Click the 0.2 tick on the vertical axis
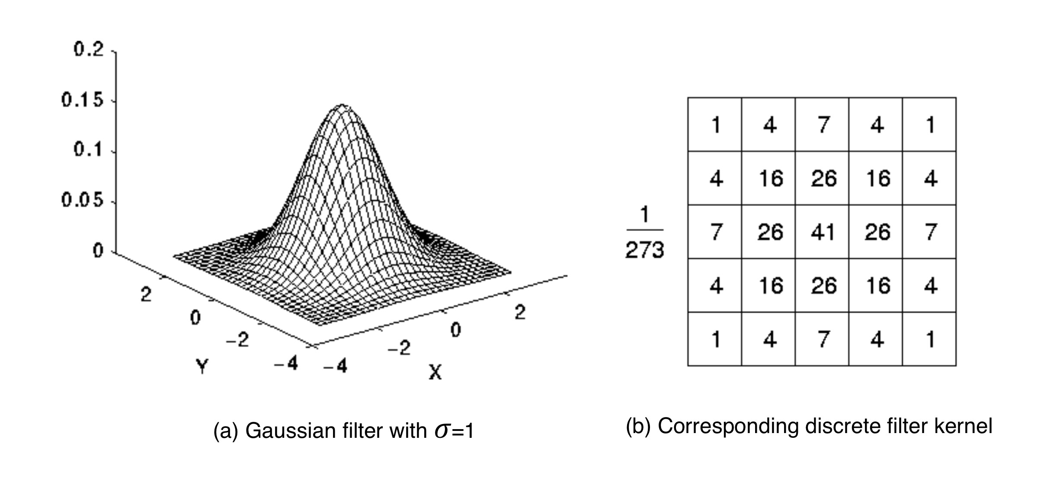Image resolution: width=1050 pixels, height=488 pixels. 89,50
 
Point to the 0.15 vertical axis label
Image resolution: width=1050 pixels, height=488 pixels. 83,100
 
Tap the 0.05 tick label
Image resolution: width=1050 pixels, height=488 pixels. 83,200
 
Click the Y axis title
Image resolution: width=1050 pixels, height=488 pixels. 202,367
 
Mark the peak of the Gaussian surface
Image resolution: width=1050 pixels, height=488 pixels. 342,105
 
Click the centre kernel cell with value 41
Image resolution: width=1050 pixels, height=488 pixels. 822,232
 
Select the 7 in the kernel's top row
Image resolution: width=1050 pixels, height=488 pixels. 822,125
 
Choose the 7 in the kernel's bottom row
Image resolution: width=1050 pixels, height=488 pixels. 822,339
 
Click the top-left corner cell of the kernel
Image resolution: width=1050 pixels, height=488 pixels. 715,125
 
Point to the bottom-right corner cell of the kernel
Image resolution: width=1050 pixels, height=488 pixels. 929,339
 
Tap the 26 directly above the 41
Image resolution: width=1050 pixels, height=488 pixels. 822,178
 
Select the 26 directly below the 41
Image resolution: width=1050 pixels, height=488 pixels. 822,286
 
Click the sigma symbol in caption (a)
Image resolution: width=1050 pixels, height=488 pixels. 442,431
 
